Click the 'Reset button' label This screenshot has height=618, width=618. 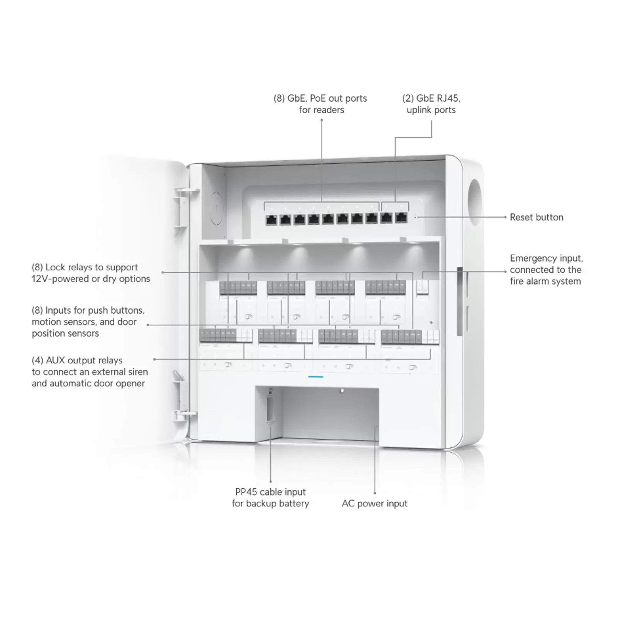[x=536, y=217]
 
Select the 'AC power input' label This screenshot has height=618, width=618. [x=374, y=504]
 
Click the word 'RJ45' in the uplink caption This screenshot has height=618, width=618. [x=448, y=98]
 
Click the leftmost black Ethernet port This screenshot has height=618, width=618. [x=271, y=220]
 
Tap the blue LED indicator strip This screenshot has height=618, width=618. [x=316, y=376]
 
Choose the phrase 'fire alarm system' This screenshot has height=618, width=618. [x=545, y=281]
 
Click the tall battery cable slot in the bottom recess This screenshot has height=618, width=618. [x=270, y=407]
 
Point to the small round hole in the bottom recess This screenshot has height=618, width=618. [x=342, y=391]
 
